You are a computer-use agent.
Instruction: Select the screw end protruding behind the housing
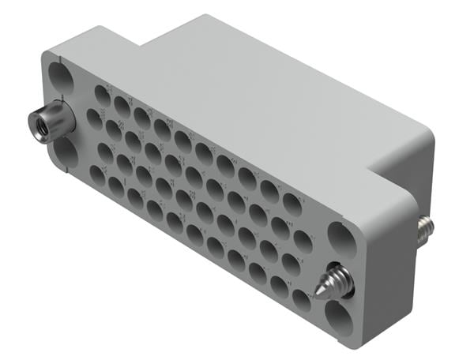426,228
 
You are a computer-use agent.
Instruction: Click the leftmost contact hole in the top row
103,94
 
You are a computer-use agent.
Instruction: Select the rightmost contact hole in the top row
293,204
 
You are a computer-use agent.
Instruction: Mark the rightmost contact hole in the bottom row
301,300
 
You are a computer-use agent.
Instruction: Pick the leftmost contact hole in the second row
94,118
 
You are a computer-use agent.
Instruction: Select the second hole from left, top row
122,105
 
